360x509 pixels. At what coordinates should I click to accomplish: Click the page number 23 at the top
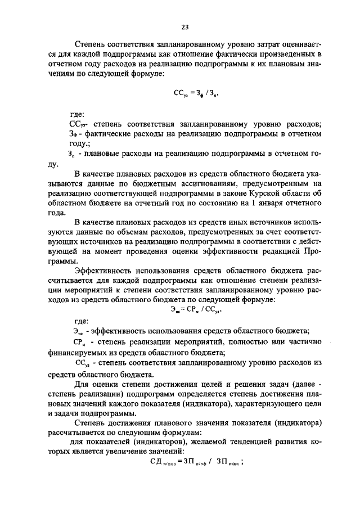(x=184, y=26)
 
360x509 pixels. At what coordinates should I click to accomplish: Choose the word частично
(x=301, y=342)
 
